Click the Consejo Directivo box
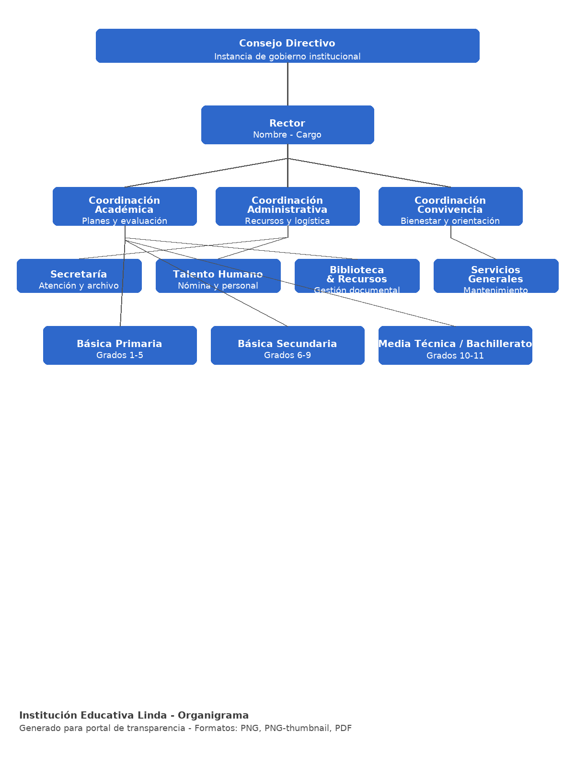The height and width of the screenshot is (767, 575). [x=287, y=46]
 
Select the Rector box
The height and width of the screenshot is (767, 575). [x=287, y=125]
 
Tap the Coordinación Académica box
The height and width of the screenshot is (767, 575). [x=125, y=206]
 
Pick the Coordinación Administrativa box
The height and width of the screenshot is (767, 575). [x=287, y=206]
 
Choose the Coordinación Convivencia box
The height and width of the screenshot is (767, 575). [x=450, y=206]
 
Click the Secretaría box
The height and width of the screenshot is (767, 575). [x=79, y=276]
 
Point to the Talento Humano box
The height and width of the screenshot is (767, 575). [x=218, y=276]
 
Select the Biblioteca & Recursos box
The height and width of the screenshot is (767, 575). [x=357, y=276]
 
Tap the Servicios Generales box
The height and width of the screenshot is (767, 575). [x=496, y=276]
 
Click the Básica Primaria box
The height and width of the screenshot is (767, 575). [x=120, y=345]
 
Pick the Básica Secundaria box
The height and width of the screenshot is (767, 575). [x=287, y=345]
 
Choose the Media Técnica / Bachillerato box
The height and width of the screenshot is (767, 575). [x=455, y=345]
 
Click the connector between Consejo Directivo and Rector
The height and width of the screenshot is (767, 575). [x=287, y=84]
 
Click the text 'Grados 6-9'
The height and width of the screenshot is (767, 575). [x=287, y=355]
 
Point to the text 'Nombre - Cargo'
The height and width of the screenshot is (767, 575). [x=287, y=135]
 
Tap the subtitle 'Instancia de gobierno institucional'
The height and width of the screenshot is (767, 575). [x=287, y=57]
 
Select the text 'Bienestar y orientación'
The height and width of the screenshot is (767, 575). [x=450, y=221]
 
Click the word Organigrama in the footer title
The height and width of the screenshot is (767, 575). [x=213, y=716]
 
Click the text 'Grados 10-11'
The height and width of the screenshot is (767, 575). [x=455, y=356]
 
